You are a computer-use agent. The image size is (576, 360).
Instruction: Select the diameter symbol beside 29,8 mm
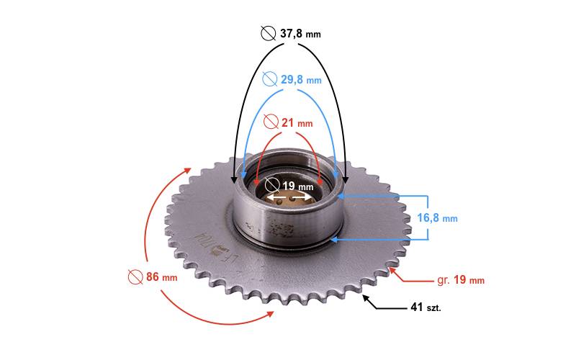[x=270, y=79]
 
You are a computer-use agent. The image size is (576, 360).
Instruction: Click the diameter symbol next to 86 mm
[x=135, y=276]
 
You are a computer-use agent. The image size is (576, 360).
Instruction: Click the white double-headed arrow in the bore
[x=290, y=196]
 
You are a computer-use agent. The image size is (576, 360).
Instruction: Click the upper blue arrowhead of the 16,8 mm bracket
[x=343, y=195]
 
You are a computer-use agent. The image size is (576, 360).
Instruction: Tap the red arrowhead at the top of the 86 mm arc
[x=189, y=171]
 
